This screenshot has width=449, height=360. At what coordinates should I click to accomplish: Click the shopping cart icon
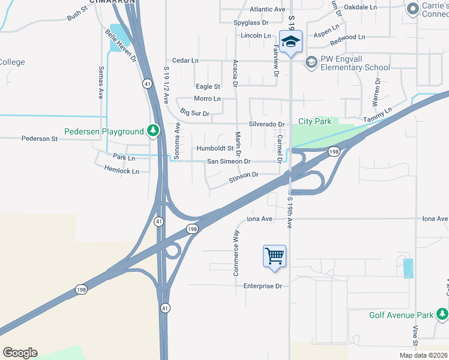point(274,256)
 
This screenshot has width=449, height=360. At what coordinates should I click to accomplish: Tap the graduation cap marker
point(291,42)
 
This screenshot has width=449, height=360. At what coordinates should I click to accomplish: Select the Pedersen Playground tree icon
point(154,131)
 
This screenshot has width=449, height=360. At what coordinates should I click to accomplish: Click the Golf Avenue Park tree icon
point(442,314)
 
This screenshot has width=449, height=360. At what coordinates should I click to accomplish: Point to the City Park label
point(315,121)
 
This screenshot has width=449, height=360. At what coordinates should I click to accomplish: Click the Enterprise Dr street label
point(262,286)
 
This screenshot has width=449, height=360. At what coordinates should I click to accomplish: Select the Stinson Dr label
point(243,175)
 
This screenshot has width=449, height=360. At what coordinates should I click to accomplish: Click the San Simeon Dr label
point(228,161)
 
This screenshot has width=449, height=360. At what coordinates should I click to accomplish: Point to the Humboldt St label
point(215,148)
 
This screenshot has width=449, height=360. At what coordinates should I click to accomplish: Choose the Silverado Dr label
point(262,124)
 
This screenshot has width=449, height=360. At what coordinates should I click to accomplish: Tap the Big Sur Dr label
point(194,113)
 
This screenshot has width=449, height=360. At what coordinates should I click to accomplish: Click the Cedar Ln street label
point(185,61)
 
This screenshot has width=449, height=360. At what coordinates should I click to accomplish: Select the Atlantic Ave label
point(267,10)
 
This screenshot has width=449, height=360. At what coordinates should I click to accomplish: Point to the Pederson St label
point(39,139)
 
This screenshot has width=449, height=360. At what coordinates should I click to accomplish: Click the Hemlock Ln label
point(121,171)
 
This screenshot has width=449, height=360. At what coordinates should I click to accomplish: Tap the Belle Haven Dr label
point(121,46)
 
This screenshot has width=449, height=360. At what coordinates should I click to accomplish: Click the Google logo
point(20,353)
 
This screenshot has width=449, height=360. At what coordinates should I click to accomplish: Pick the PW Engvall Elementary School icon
point(311,62)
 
